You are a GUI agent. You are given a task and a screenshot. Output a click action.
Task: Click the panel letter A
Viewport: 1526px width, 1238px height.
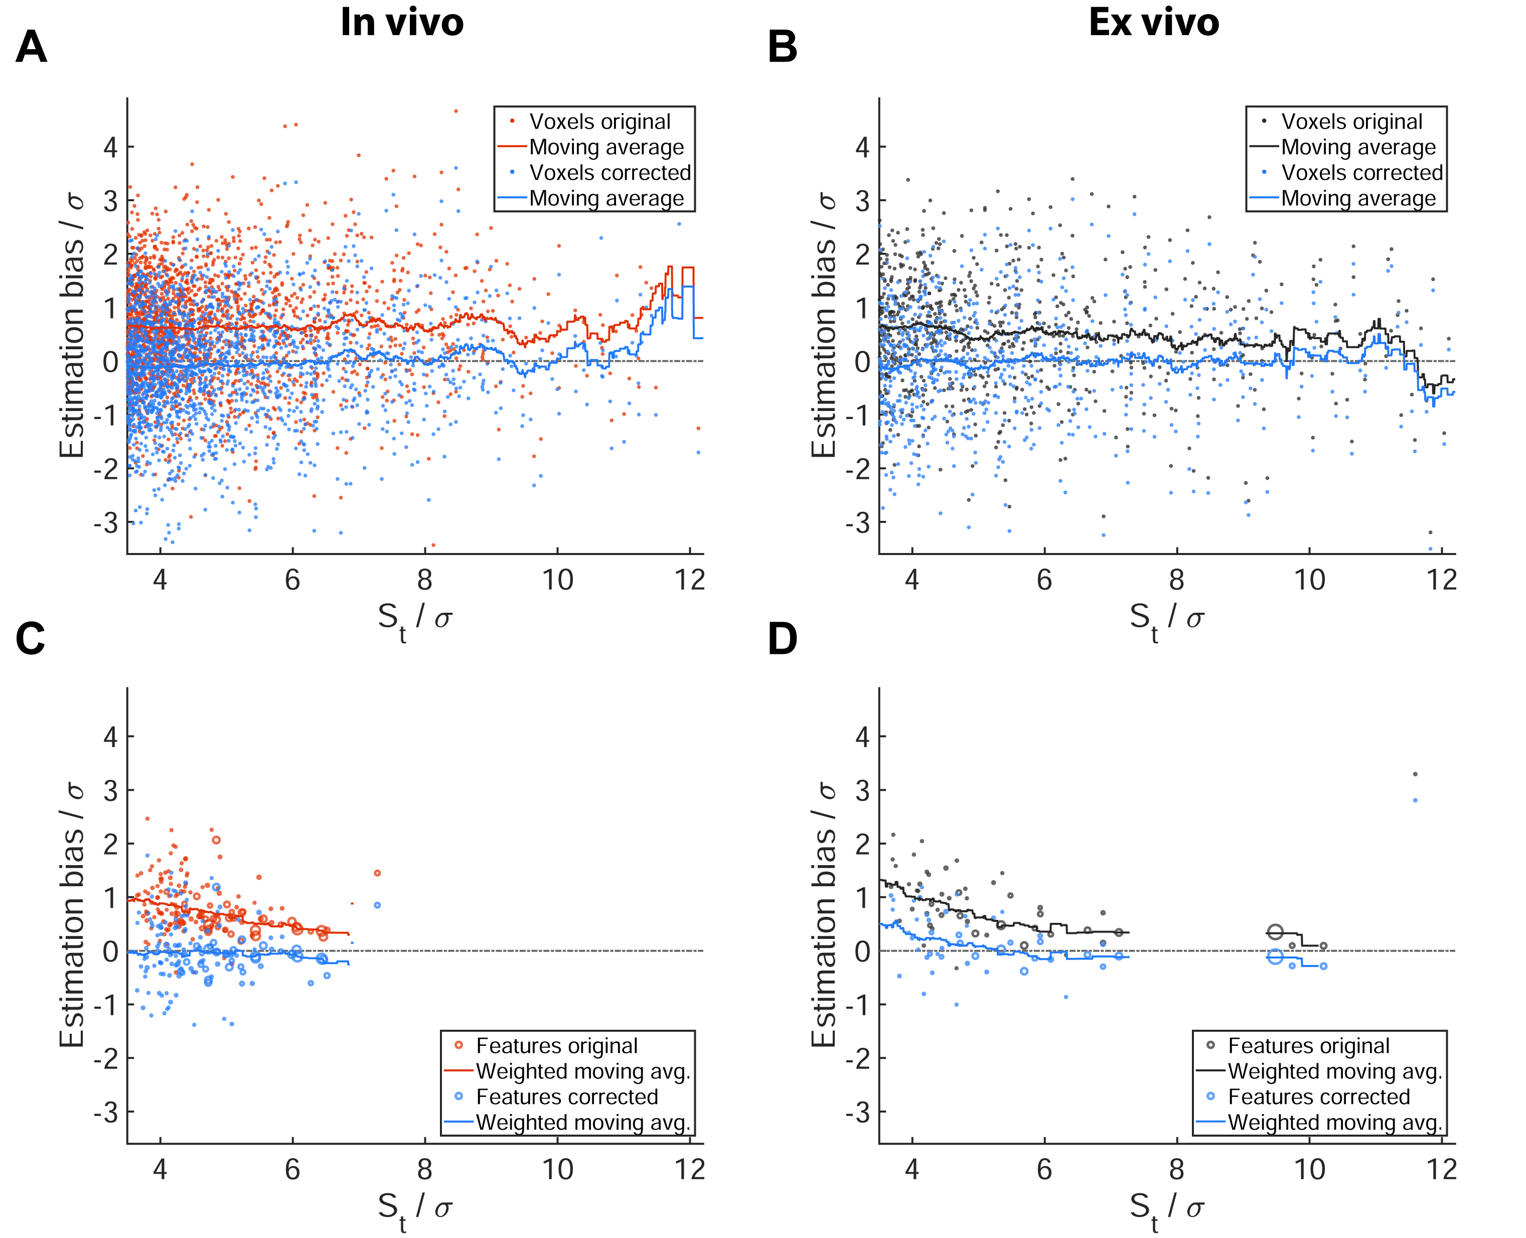[32, 48]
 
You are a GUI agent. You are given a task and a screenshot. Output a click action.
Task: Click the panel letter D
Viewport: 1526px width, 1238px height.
[782, 638]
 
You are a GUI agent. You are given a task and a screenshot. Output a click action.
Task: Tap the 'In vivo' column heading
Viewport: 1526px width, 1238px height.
[402, 23]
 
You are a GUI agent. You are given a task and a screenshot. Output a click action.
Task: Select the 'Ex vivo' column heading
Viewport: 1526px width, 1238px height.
[1153, 23]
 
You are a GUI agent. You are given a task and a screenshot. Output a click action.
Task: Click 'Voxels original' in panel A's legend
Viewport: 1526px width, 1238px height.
[599, 122]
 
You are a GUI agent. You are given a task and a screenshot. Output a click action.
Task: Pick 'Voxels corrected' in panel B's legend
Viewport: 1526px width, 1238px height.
[1361, 173]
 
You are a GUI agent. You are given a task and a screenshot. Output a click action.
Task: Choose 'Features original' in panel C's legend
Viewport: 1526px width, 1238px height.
[557, 1045]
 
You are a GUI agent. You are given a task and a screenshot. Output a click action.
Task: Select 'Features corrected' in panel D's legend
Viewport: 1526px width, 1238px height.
[1319, 1096]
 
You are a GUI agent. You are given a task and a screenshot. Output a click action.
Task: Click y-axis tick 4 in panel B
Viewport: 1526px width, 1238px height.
[862, 148]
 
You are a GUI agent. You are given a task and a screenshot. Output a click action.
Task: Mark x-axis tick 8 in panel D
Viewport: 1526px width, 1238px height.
[1177, 1170]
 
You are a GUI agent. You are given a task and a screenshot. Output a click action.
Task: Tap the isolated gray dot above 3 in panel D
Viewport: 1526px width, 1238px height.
[1415, 774]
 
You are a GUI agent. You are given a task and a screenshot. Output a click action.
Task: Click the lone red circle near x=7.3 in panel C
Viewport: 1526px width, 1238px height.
[377, 873]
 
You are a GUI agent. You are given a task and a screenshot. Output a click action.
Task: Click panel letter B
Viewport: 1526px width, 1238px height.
[782, 48]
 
